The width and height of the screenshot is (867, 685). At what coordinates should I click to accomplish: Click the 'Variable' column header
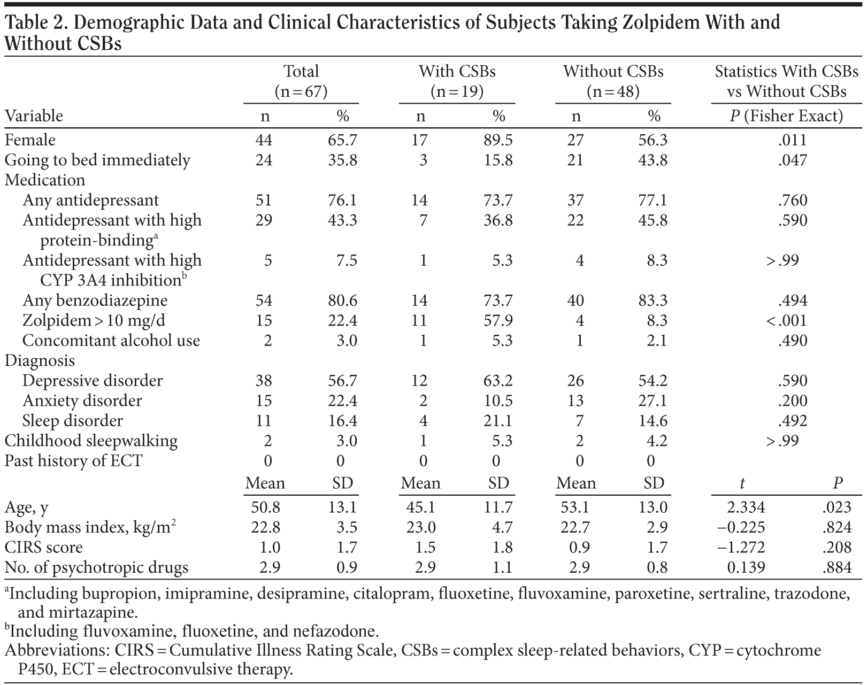(x=34, y=116)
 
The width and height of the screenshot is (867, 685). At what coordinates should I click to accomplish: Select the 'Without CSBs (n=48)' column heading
(x=613, y=81)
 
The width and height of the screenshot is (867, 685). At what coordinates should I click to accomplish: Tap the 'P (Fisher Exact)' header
(x=786, y=116)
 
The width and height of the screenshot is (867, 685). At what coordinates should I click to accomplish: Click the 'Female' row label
(x=30, y=140)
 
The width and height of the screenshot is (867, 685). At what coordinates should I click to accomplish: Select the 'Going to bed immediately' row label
(x=97, y=160)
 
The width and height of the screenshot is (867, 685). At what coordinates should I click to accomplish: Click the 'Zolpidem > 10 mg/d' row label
(x=94, y=321)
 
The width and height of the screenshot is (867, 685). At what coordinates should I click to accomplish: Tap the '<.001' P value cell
(x=786, y=321)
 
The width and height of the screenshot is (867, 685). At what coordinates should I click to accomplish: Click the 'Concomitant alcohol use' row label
(x=111, y=341)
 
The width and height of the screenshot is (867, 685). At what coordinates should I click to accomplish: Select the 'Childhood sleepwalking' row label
(x=91, y=441)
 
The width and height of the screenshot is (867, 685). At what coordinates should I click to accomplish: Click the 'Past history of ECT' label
(x=73, y=461)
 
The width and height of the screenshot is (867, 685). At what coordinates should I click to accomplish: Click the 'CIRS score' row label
(x=44, y=548)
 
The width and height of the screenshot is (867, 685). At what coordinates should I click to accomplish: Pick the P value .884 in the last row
(x=837, y=567)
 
